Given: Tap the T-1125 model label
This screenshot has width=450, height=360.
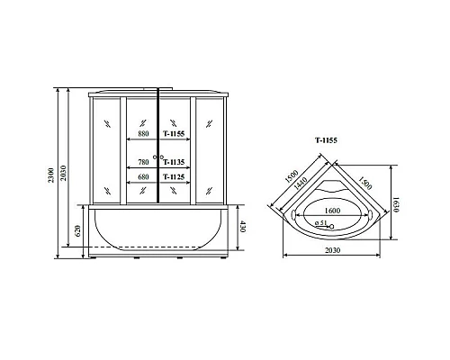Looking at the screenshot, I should pyautogui.click(x=174, y=176).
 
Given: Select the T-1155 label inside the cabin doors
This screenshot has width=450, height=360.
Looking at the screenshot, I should pyautogui.click(x=174, y=134).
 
